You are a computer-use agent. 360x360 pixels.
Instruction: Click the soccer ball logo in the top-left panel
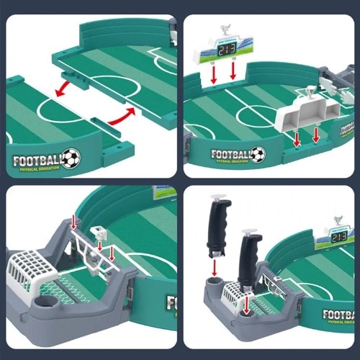pyautogui.click(x=70, y=158)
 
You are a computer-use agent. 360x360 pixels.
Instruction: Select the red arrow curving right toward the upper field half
pyautogui.click(x=125, y=115)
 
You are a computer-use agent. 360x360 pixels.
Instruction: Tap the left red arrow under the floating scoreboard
pyautogui.click(x=215, y=74)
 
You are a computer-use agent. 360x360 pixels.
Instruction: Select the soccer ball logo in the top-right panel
pyautogui.click(x=257, y=154)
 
